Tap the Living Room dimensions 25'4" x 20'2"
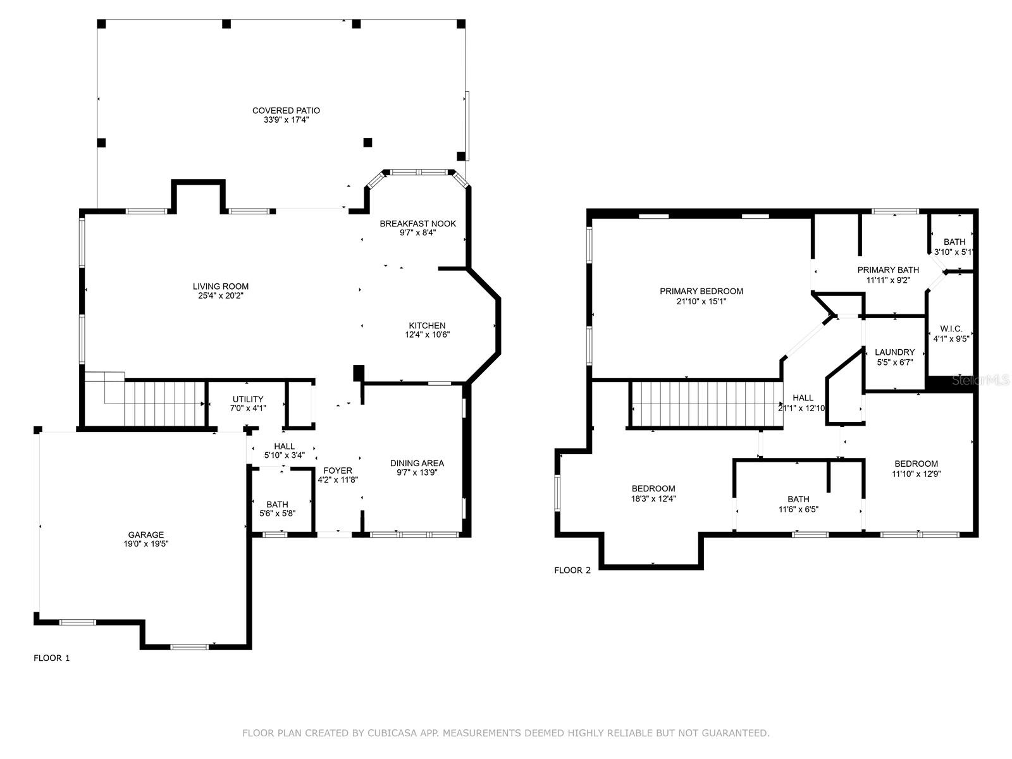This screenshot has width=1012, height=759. tap(221, 295)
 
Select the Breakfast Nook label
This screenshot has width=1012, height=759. tap(417, 223)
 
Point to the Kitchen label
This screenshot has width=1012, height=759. tap(427, 326)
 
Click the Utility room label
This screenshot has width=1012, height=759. tap(248, 399)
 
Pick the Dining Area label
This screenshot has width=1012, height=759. tap(417, 463)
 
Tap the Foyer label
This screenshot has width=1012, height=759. tap(338, 471)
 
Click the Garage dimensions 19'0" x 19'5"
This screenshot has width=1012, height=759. tap(146, 543)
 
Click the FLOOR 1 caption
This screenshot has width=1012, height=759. tap(51, 658)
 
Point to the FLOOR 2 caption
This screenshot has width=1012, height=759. tap(572, 570)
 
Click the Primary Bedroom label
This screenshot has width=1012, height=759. tap(701, 291)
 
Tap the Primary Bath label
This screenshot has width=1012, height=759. tap(888, 270)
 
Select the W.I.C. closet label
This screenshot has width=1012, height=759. tap(951, 329)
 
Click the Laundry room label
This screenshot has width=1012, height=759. tap(894, 352)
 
